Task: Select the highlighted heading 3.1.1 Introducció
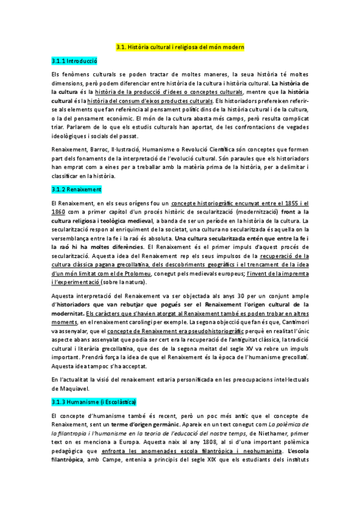pyautogui.click(x=75, y=61)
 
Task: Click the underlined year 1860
pyautogui.click(x=59, y=212)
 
